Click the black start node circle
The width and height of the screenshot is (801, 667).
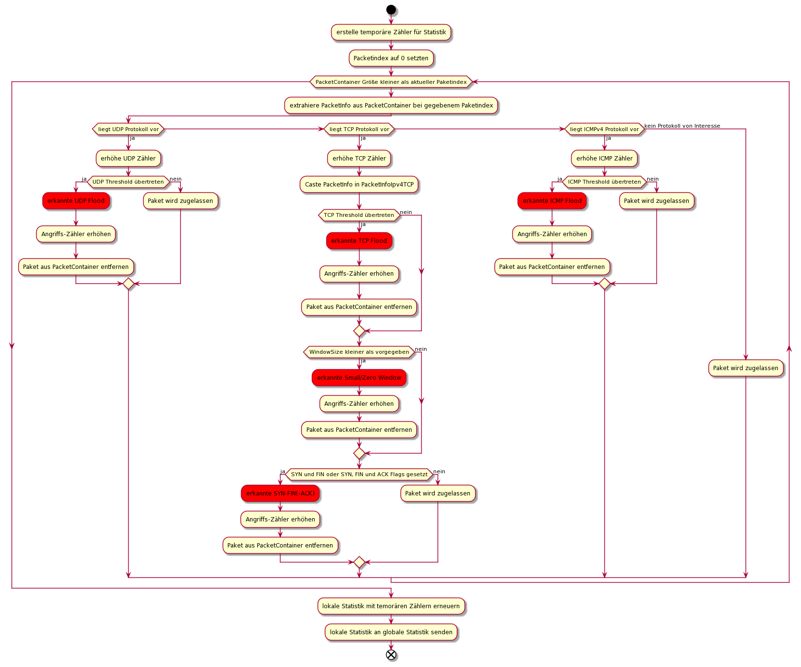coord(391,10)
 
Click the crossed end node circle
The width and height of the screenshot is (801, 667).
coord(391,654)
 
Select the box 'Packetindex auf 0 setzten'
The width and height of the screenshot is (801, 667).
coord(391,58)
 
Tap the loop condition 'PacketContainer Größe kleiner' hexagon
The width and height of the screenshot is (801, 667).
coord(391,82)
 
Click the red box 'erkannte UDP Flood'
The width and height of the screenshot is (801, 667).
coord(76,201)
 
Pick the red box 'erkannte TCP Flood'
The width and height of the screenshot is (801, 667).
coord(359,241)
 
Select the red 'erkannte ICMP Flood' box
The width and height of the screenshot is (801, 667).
coord(552,201)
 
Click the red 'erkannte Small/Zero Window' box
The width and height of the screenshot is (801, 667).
coord(359,378)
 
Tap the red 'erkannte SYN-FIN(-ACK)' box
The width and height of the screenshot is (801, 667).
coord(280,494)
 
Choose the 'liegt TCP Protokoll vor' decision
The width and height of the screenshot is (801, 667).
coord(359,129)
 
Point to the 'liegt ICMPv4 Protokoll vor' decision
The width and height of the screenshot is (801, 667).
coord(604,129)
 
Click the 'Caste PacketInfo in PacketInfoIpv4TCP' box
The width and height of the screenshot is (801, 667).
coord(359,185)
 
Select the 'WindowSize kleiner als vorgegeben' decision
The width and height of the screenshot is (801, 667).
coord(359,352)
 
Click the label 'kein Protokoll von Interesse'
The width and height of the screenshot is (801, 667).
coord(682,126)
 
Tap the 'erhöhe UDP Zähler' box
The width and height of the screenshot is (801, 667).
coord(128,159)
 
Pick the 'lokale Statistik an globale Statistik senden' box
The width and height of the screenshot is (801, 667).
coord(391,632)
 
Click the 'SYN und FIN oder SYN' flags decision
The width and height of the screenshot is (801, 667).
coord(359,474)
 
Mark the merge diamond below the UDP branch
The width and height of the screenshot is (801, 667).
coord(128,284)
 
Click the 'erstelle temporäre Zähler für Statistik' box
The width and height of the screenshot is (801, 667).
coord(391,32)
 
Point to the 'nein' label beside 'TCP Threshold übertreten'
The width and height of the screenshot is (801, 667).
coord(406,212)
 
